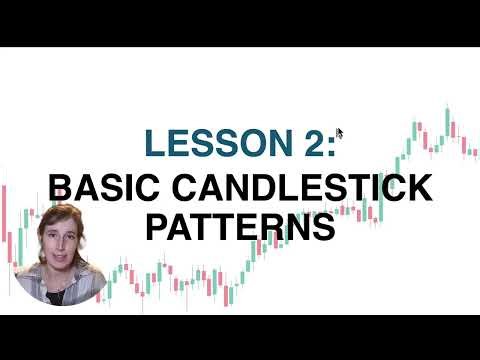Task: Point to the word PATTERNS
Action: [x=240, y=226]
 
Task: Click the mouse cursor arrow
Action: [x=340, y=132]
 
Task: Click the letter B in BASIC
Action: [x=59, y=187]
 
